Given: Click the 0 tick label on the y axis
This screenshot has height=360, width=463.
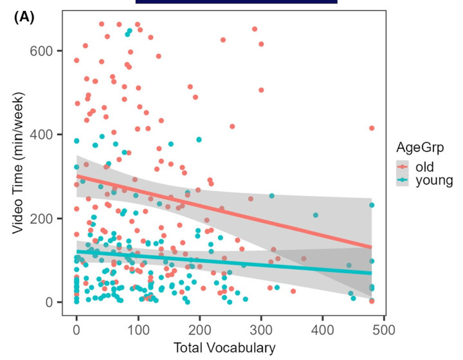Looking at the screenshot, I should [56, 302].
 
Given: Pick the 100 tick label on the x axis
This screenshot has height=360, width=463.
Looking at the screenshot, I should [138, 330].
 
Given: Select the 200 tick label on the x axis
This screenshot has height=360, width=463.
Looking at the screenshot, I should [200, 330].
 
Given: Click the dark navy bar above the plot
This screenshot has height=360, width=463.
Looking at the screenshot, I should [236, 2].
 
